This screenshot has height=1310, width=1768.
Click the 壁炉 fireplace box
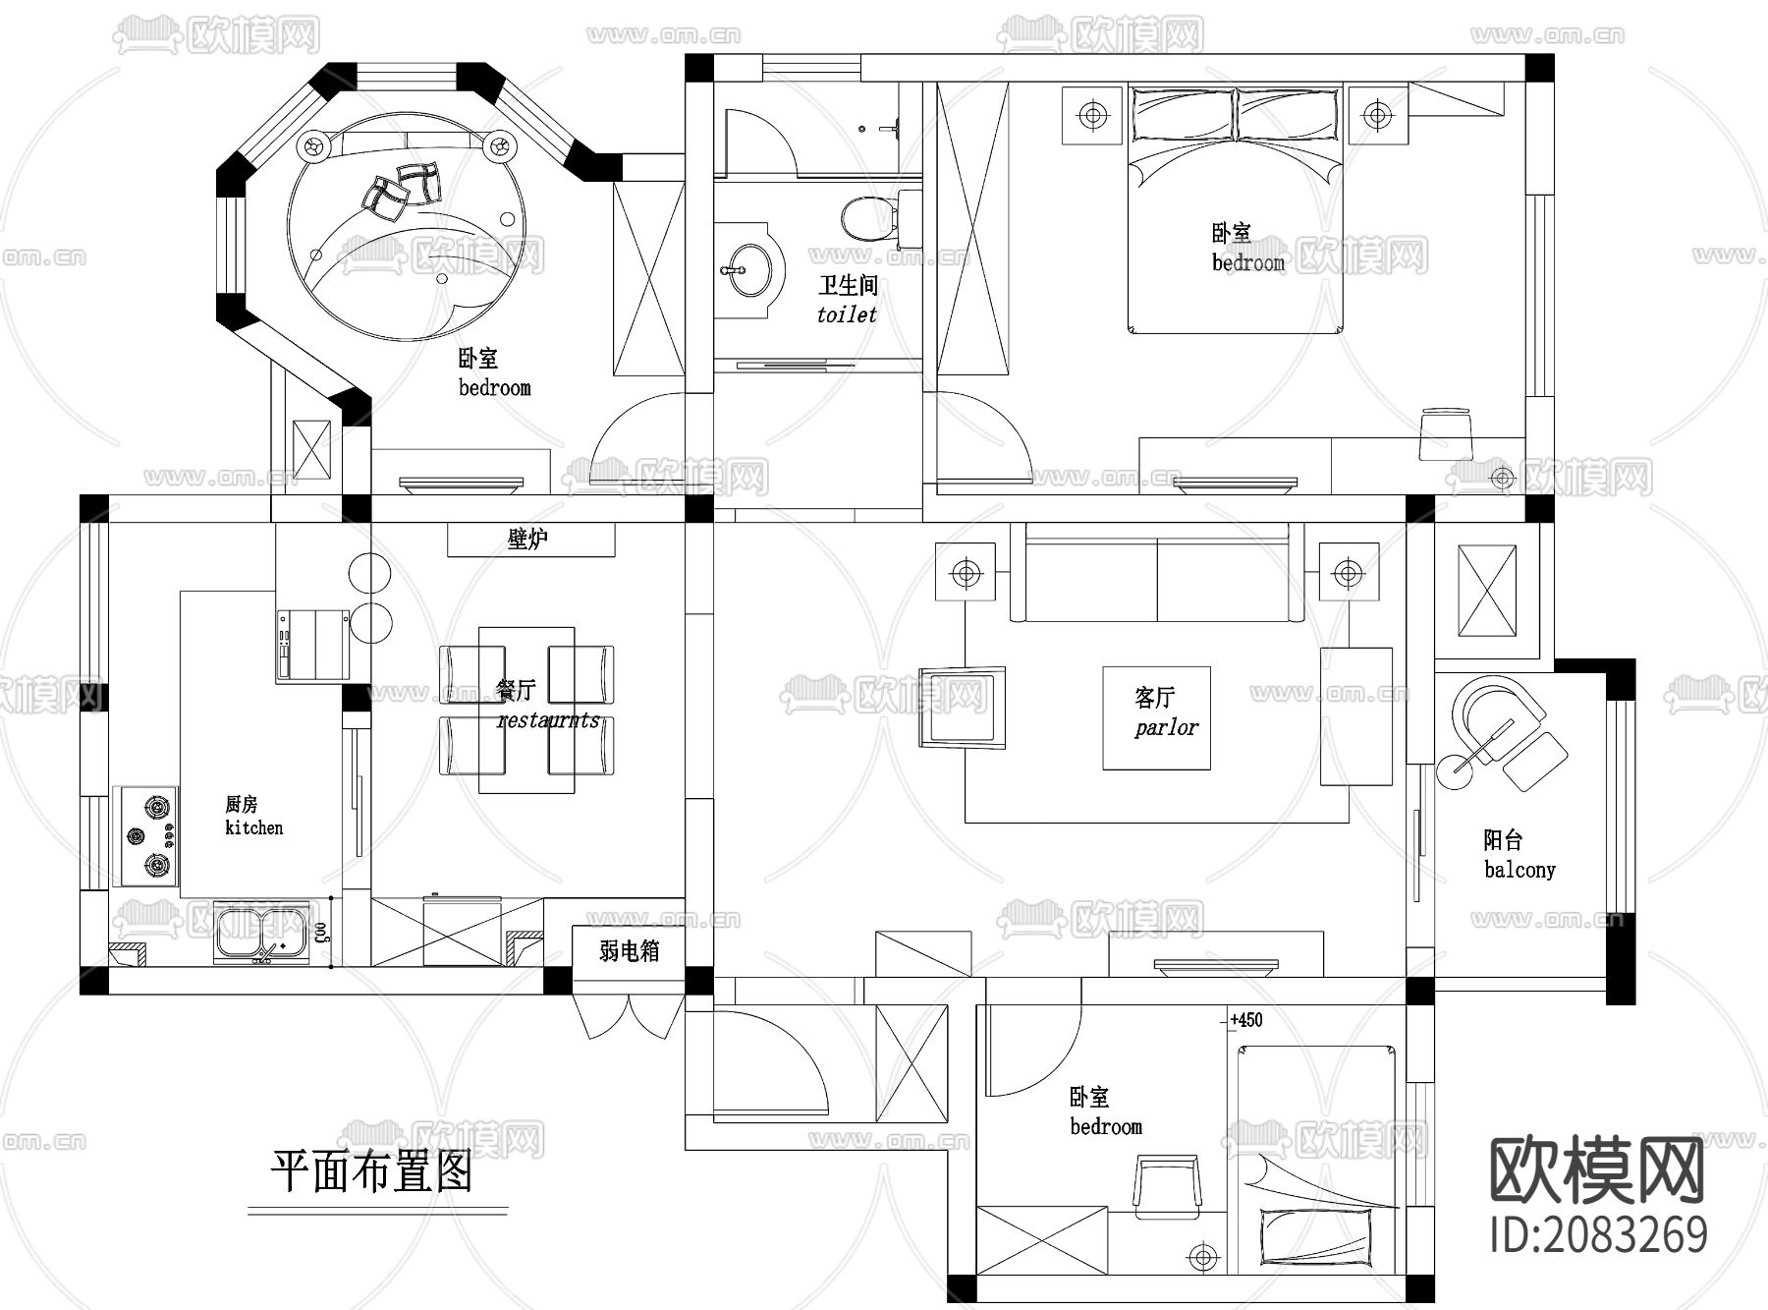tap(530, 540)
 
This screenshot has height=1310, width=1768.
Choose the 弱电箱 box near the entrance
tap(629, 951)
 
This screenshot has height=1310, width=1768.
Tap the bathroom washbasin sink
tap(747, 263)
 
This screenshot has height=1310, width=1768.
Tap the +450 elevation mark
tap(1245, 1020)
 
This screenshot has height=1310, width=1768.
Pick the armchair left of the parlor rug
tap(964, 709)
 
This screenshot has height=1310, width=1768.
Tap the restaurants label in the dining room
tap(548, 720)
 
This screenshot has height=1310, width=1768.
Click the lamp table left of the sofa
tap(966, 572)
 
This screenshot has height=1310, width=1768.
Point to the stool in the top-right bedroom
tap(1447, 433)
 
